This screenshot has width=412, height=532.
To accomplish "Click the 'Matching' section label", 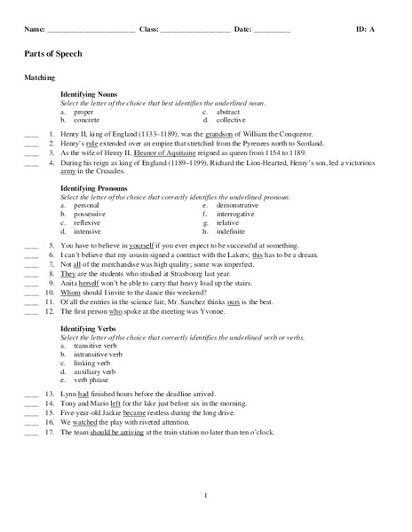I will (39, 78).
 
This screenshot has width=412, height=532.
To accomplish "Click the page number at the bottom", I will (206, 495).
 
